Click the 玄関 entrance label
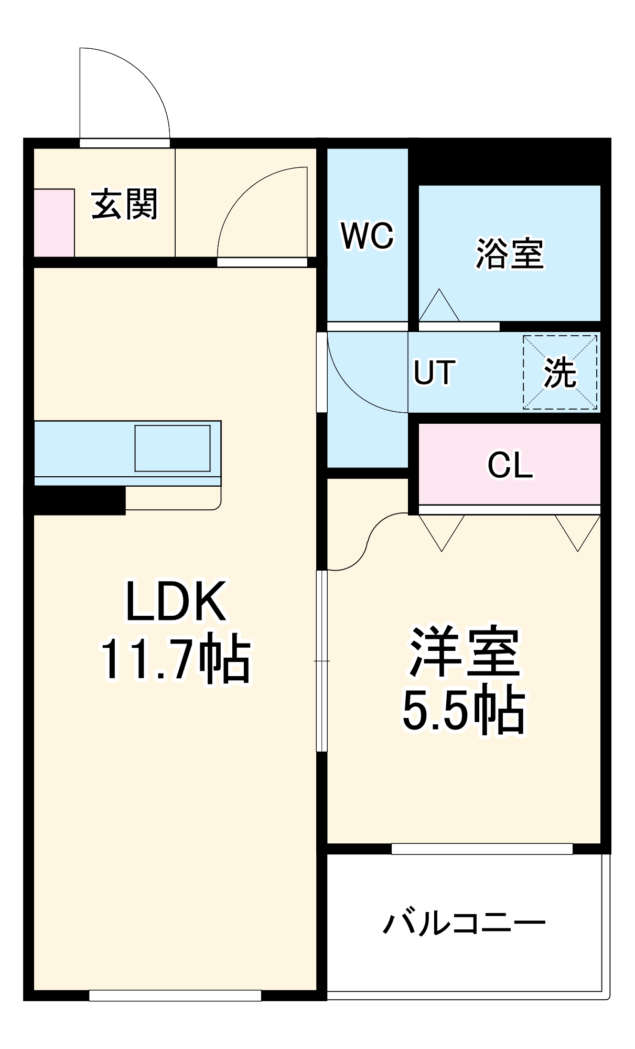tap(124, 205)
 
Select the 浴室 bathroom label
tap(510, 254)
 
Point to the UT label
tap(434, 372)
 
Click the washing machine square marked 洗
tap(559, 372)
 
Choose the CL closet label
tap(510, 465)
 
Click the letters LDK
tap(176, 601)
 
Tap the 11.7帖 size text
tap(176, 659)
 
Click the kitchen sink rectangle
tap(173, 448)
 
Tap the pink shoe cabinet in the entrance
tap(54, 223)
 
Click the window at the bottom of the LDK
tap(175, 995)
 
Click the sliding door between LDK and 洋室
tap(322, 661)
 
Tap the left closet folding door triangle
tap(442, 531)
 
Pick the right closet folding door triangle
tap(578, 531)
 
